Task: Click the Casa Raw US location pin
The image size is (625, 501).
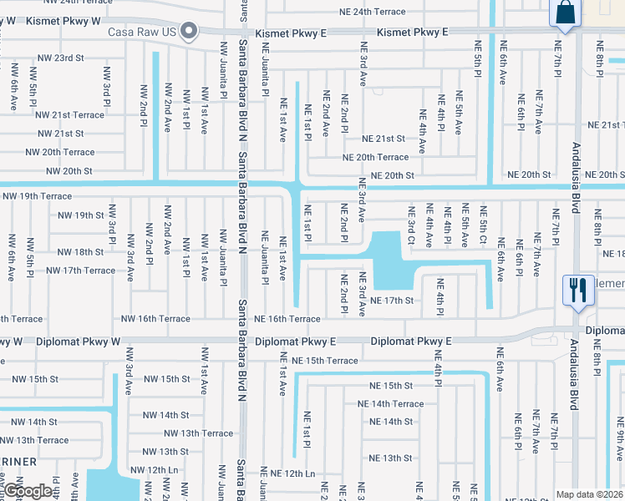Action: point(189,33)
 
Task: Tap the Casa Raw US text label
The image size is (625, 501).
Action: point(145,33)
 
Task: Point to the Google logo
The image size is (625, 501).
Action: point(28,491)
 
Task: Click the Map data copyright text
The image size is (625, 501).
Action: point(590,494)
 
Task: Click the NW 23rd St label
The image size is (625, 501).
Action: point(62,58)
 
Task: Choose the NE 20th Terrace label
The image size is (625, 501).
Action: point(375,157)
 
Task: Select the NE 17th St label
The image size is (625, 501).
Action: point(392,300)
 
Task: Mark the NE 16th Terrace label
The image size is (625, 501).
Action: point(287,319)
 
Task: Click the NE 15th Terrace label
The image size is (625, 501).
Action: point(319,360)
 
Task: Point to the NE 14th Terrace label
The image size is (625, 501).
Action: point(391,403)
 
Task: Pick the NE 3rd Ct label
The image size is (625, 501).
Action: point(411,227)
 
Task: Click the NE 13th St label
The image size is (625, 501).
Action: point(391,458)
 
